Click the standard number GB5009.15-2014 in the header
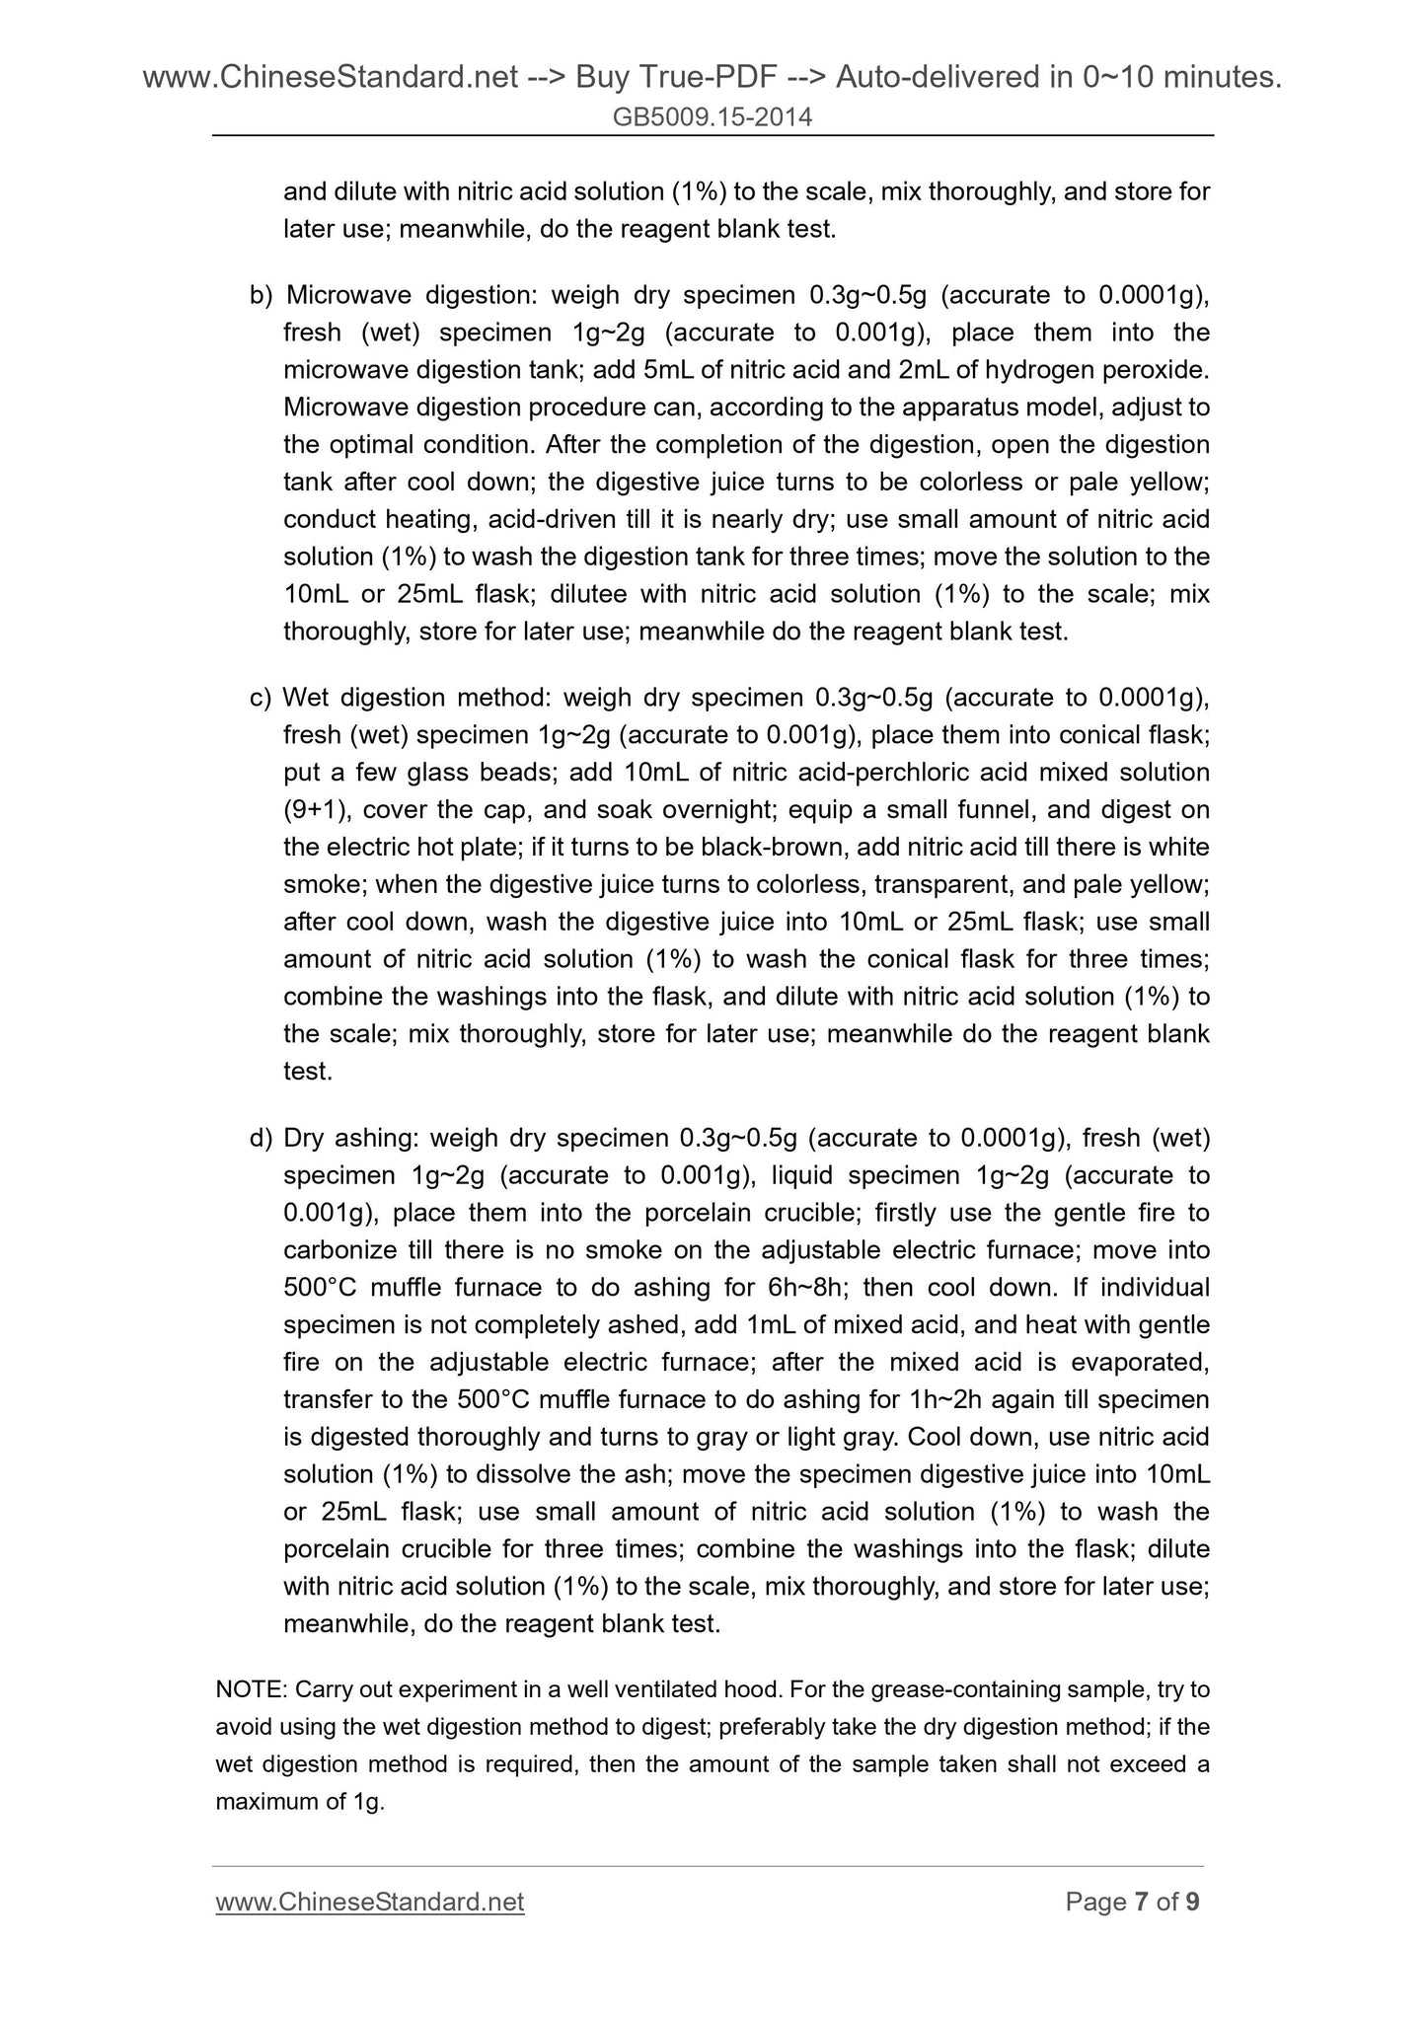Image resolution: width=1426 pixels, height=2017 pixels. (x=713, y=117)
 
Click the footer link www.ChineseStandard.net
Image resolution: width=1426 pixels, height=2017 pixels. (x=369, y=1902)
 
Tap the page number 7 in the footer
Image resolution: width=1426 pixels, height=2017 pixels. (x=1141, y=1902)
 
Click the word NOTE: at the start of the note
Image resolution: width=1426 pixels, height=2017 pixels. (x=251, y=1690)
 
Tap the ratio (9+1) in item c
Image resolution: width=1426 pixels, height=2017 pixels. (x=314, y=810)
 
